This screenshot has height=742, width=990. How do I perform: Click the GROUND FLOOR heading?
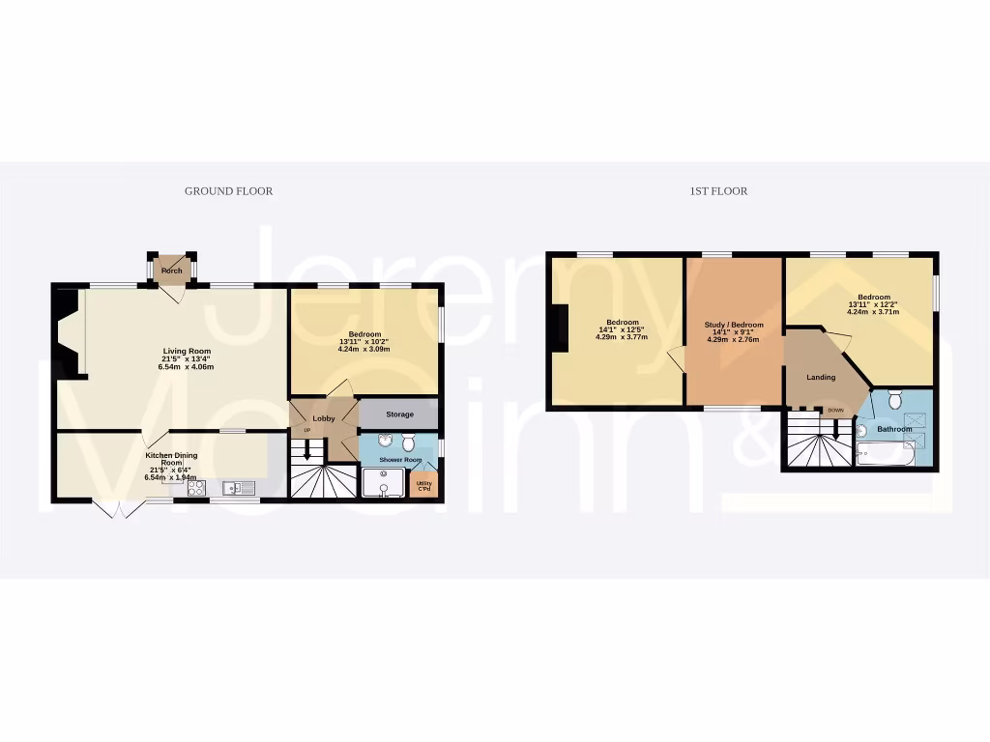click(x=228, y=191)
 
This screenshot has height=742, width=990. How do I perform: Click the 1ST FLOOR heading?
click(x=718, y=191)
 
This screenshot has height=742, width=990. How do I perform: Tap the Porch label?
click(x=171, y=271)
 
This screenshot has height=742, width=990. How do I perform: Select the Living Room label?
click(x=186, y=351)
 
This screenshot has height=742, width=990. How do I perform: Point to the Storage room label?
click(x=399, y=414)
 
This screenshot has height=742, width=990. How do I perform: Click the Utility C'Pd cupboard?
click(x=423, y=485)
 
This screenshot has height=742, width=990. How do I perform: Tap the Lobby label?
click(x=323, y=418)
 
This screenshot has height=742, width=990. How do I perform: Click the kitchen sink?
click(x=236, y=488)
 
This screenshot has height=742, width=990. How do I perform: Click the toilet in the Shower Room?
click(x=408, y=442)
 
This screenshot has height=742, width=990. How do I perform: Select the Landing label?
click(x=821, y=377)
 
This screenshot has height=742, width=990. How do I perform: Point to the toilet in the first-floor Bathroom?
click(x=894, y=398)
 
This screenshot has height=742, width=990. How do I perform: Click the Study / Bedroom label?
click(x=734, y=325)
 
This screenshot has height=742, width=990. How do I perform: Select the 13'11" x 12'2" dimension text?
click(x=872, y=304)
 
